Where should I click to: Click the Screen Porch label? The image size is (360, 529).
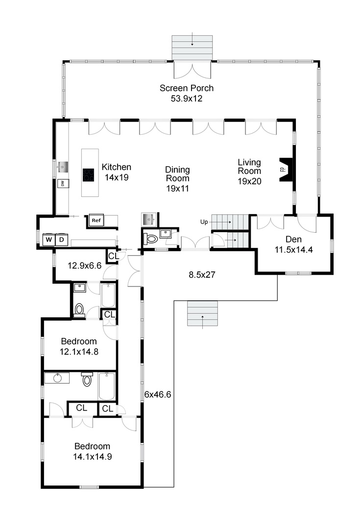click(x=187, y=93)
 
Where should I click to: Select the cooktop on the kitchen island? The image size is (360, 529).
click(x=89, y=175)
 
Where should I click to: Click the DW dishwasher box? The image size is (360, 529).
click(x=63, y=184)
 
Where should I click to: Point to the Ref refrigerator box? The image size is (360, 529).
click(x=96, y=220)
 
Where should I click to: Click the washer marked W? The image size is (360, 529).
click(x=49, y=240)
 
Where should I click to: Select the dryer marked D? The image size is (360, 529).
click(x=62, y=240)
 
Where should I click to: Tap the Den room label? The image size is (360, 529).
click(x=293, y=244)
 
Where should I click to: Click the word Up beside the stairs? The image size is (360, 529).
click(x=204, y=222)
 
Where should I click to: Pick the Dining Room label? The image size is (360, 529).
click(x=177, y=179)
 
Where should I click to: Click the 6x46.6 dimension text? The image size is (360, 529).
click(x=158, y=394)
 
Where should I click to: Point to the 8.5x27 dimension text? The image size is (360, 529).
click(x=202, y=275)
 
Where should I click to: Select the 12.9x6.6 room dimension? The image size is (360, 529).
click(x=84, y=265)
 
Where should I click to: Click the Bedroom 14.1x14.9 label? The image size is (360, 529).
click(x=93, y=452)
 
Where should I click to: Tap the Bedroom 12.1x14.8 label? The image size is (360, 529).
click(x=79, y=346)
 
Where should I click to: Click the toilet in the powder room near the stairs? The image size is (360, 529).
click(x=150, y=239)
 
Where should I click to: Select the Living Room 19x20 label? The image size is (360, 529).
click(x=249, y=172)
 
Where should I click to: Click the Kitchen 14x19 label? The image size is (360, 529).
click(x=117, y=172)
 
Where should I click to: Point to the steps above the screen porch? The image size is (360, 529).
click(x=192, y=48)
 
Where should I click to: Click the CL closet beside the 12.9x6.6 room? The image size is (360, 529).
click(x=114, y=256)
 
